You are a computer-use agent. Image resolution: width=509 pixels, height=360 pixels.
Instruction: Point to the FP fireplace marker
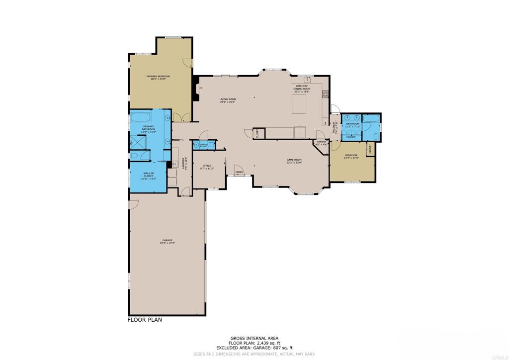click(x=200, y=89)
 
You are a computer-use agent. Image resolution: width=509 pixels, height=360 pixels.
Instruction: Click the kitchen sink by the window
click(x=307, y=79)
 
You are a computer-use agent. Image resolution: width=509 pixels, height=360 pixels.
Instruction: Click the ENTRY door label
click(x=239, y=173)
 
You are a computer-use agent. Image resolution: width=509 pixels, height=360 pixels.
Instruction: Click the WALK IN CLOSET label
click(x=148, y=176)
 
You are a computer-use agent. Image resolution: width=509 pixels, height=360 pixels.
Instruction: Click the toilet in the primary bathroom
click(x=134, y=156)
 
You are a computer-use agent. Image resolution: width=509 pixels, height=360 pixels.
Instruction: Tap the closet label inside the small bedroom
click(x=370, y=148)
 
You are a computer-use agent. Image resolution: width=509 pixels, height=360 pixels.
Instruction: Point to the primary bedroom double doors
click(x=184, y=117)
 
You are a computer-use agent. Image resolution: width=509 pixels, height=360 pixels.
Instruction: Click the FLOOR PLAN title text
click(x=145, y=320)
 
